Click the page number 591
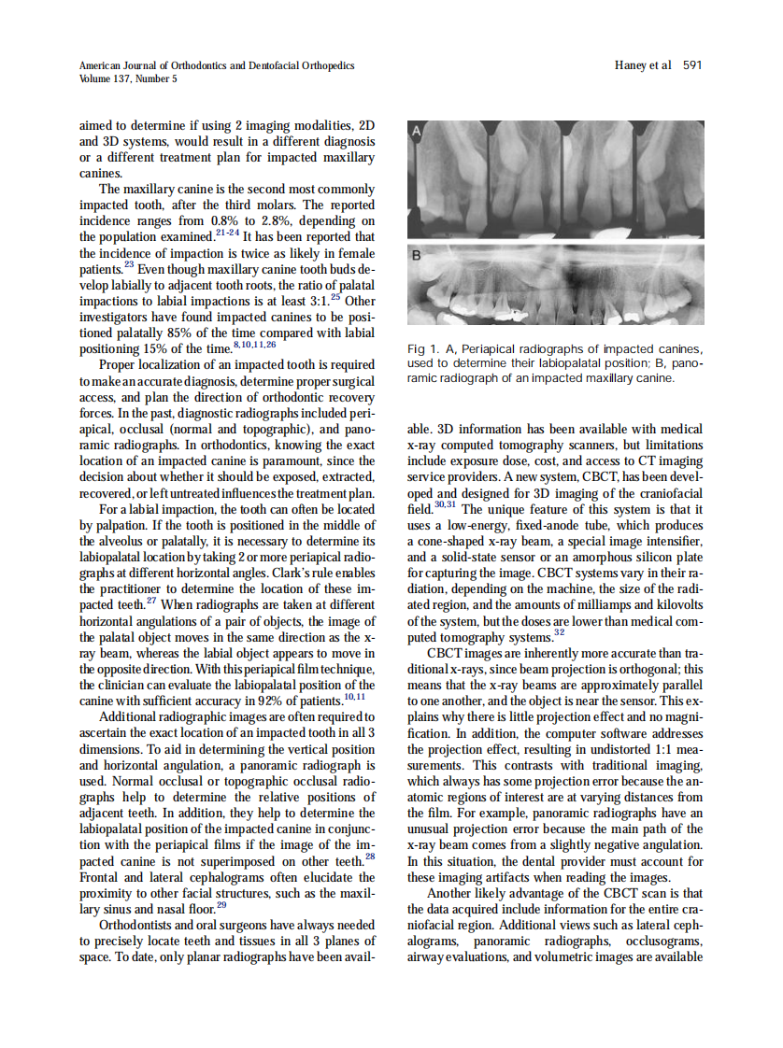(x=691, y=65)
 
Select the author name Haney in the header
(x=632, y=65)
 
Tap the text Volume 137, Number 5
(x=129, y=78)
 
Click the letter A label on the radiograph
(x=417, y=134)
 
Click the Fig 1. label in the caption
(x=424, y=349)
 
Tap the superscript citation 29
(x=221, y=904)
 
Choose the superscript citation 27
(x=151, y=602)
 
